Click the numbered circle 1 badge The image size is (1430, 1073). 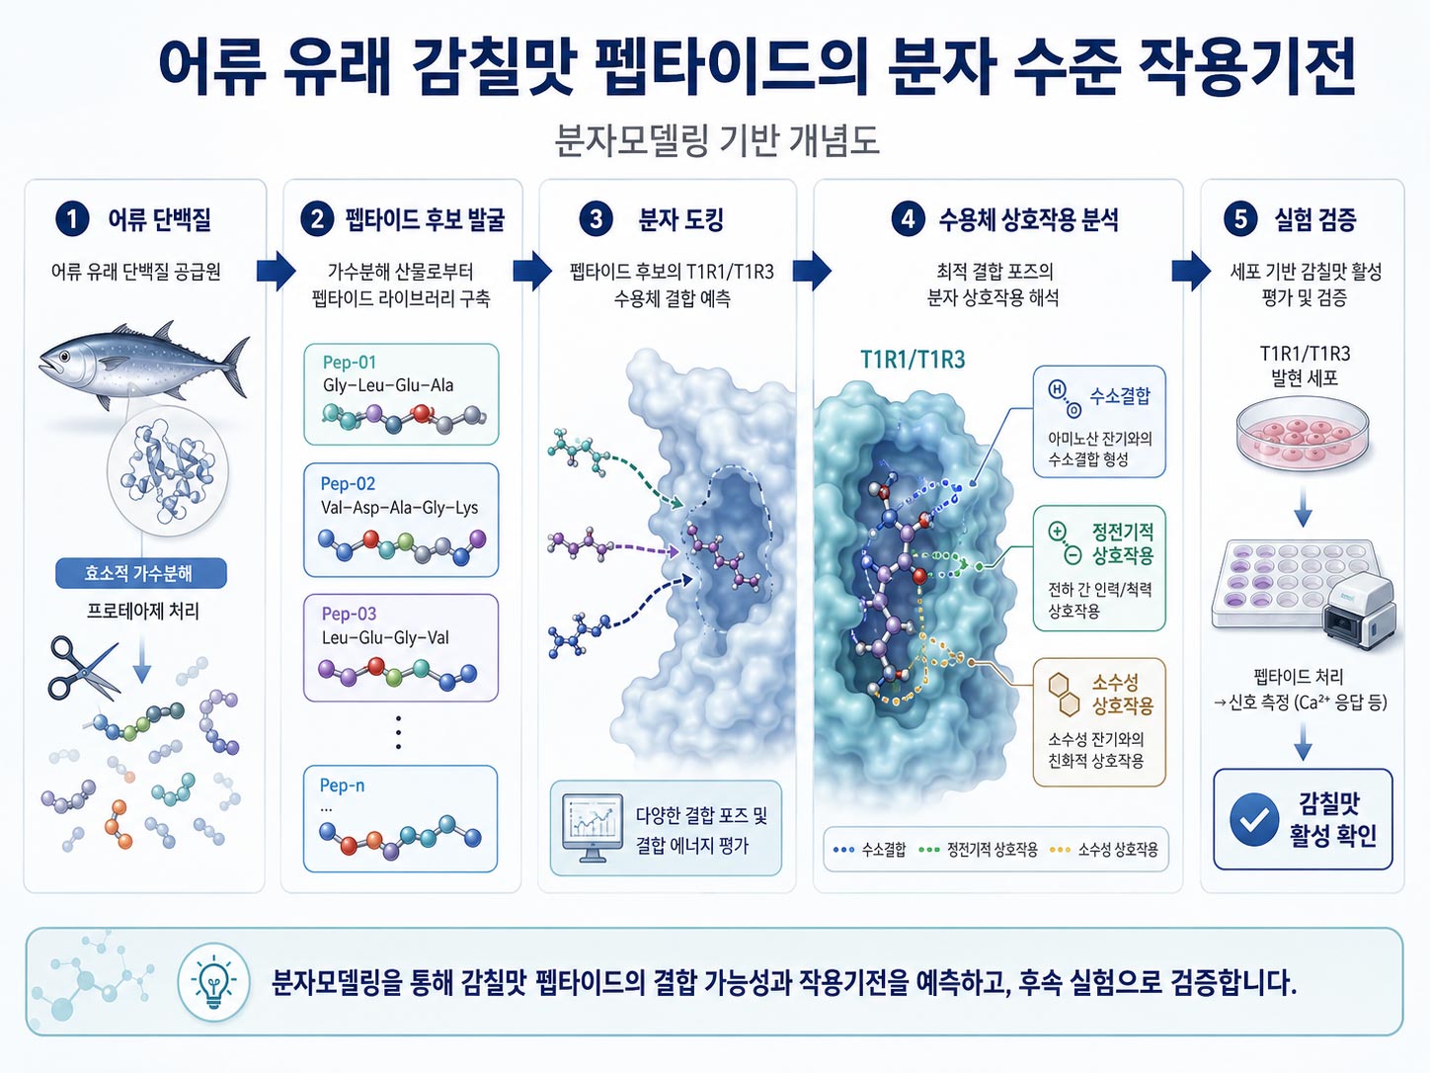coord(72,219)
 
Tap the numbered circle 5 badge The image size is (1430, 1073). coord(1240,219)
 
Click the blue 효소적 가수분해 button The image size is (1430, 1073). coord(141,573)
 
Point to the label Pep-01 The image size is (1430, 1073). coord(350,363)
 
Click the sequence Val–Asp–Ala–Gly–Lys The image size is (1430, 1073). coord(399,508)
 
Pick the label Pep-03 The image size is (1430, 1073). coord(350,614)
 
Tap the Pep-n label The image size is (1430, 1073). coord(342,785)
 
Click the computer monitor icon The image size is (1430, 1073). coord(593,827)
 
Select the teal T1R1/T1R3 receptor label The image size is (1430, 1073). coord(913,360)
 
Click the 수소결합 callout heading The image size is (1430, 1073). coord(1120,395)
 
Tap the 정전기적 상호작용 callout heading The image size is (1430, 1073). coord(1123,543)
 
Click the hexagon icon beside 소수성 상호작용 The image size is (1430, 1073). coord(1062,695)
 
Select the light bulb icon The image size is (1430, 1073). coord(213,982)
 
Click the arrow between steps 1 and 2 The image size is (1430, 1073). coord(277,271)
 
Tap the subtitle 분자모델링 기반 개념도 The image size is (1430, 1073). coord(717,140)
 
